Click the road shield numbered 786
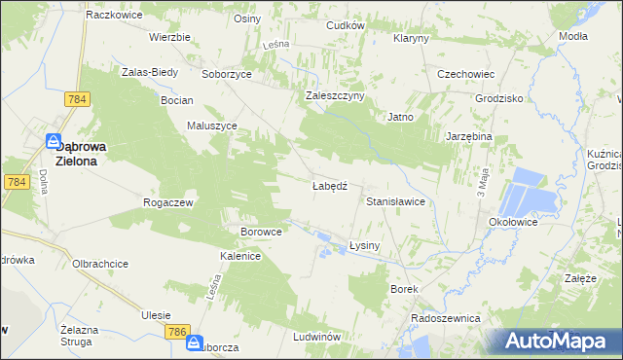(x=176, y=333)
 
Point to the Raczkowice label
(x=114, y=16)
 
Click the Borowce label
(x=261, y=233)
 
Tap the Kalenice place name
(x=239, y=256)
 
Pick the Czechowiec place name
(x=466, y=74)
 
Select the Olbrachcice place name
(x=100, y=264)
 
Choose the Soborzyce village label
(x=227, y=74)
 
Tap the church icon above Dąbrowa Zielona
(x=55, y=140)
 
